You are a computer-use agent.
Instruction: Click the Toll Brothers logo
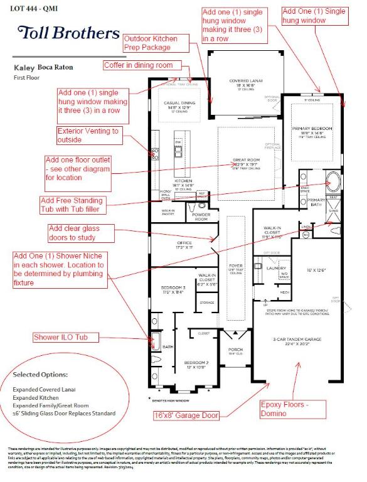tap(68, 33)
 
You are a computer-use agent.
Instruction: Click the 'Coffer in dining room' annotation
tap(142, 65)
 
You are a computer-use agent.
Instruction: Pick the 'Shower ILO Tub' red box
tap(60, 338)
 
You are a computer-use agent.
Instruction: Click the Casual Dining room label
tap(180, 105)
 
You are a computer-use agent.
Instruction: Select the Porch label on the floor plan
tap(235, 350)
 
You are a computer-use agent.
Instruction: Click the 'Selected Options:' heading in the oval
tap(40, 375)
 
